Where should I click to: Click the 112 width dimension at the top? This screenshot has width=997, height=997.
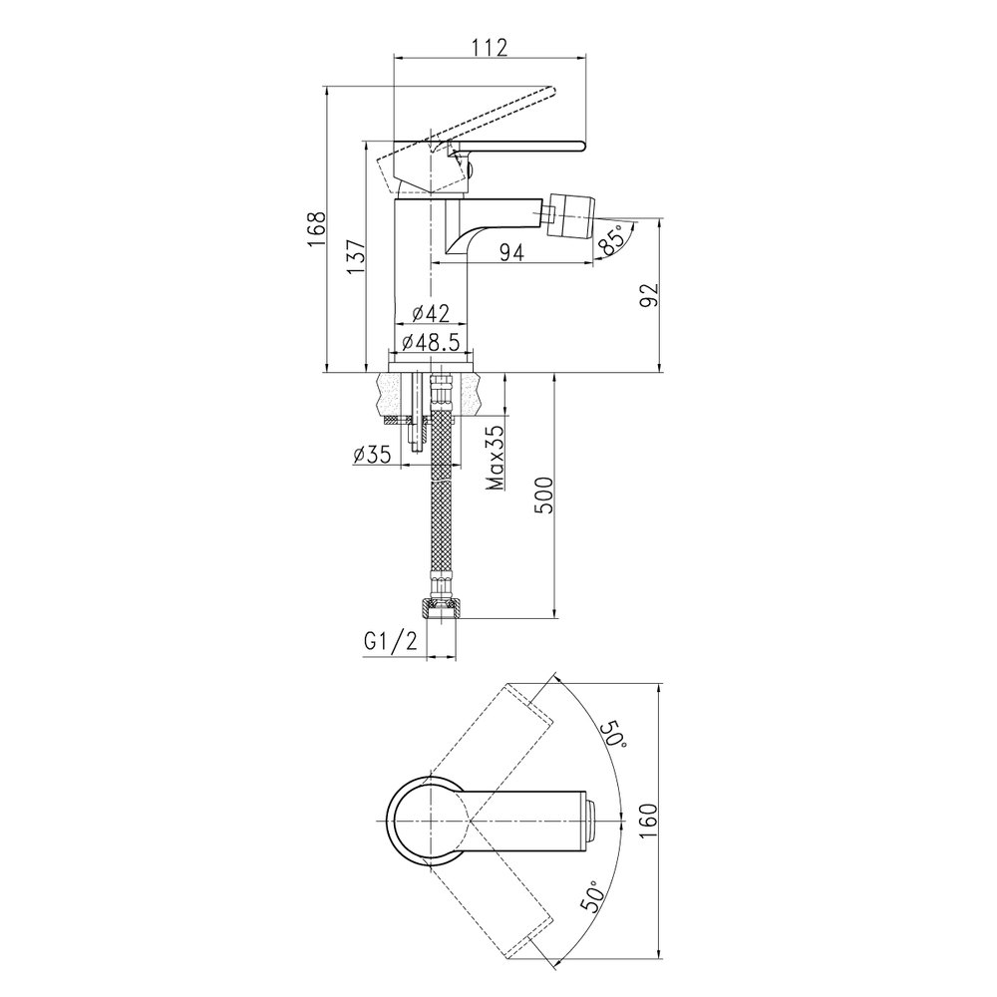pos(490,48)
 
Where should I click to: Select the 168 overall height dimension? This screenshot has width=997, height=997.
pos(317,229)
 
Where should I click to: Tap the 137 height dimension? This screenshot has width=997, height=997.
pos(356,256)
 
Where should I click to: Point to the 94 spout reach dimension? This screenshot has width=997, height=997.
pos(511,252)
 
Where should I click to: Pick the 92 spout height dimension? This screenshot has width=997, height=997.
pos(649,295)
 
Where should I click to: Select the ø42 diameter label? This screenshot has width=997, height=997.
pos(431,313)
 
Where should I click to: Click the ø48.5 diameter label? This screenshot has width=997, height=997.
pos(431,342)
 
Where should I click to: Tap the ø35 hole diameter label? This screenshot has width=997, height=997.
pos(372,454)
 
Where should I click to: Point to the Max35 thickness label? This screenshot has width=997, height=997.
pos(496,458)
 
